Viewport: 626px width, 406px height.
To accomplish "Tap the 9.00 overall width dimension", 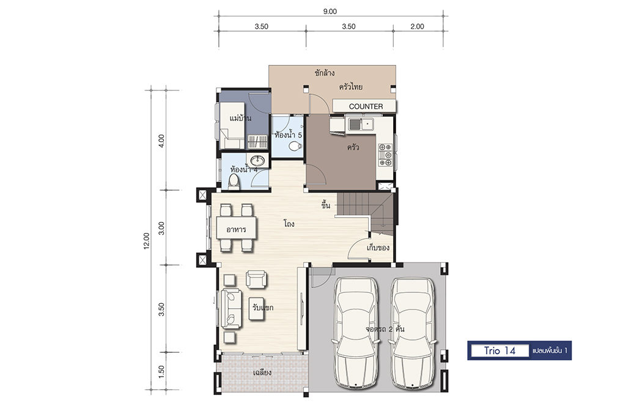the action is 330,12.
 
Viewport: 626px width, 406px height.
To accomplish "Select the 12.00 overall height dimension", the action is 147,241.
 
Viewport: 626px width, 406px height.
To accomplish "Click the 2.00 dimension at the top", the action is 417,26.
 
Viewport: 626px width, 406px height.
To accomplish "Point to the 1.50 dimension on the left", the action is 161,371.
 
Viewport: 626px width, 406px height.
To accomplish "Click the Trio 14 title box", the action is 500,350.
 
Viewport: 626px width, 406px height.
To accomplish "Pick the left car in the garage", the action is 355,332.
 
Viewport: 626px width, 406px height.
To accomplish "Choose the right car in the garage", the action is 413,332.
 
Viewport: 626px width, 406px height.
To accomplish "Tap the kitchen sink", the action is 361,125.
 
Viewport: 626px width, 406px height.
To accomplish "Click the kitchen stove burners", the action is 386,155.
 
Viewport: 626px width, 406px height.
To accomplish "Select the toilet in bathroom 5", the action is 295,146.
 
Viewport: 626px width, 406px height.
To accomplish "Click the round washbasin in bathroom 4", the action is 257,160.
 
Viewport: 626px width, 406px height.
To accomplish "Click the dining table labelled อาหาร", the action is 237,228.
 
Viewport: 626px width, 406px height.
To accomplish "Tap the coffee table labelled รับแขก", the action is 256,308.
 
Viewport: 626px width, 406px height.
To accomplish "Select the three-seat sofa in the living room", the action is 231,309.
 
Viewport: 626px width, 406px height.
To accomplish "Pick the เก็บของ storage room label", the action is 378,248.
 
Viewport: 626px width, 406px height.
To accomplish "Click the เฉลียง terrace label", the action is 262,373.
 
